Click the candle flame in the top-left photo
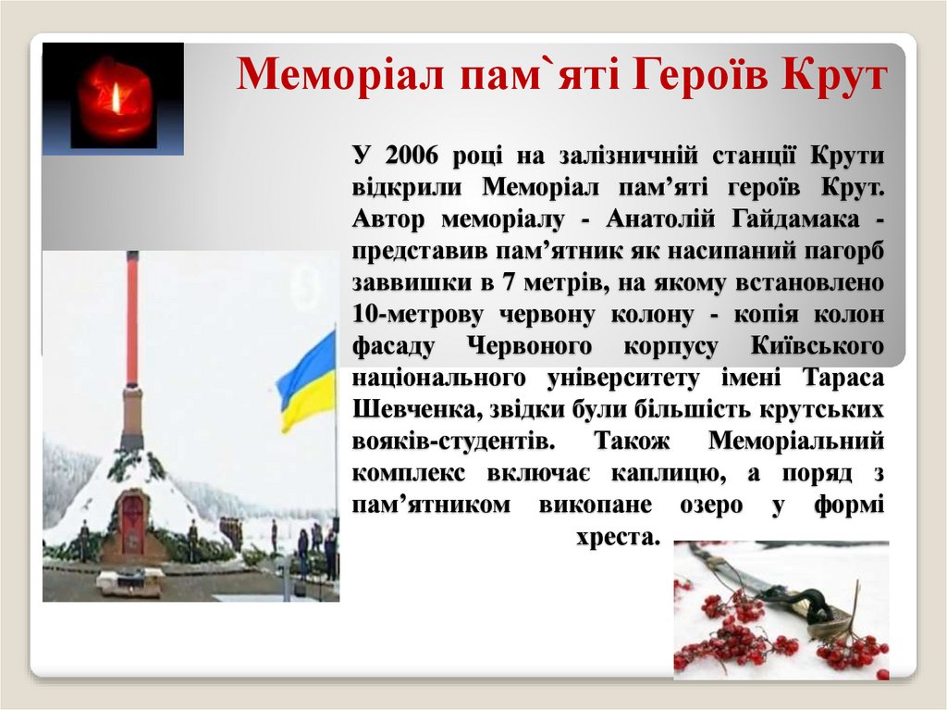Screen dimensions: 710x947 point(116,95)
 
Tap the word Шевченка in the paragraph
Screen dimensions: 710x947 point(405,410)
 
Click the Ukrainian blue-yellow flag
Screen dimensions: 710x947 point(308,380)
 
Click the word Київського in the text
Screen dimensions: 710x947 point(818,346)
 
